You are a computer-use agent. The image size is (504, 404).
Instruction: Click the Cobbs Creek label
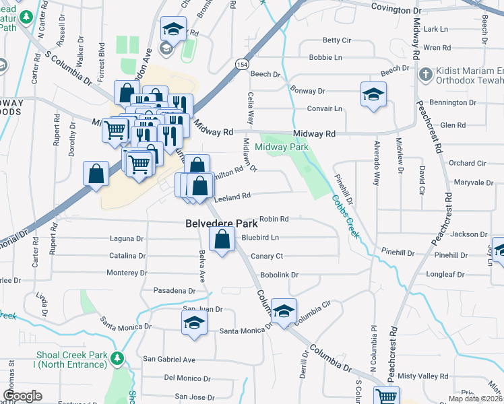(x=346, y=215)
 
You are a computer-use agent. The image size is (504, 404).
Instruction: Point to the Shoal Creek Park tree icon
(x=118, y=356)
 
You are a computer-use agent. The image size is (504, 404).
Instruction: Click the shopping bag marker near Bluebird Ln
(x=222, y=239)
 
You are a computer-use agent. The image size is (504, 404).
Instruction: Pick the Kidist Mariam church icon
(x=425, y=73)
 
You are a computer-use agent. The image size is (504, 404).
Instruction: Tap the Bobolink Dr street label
(x=279, y=275)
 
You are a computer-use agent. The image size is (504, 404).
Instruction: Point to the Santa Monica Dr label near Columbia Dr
(x=245, y=331)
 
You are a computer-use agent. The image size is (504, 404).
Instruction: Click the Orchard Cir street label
(x=467, y=163)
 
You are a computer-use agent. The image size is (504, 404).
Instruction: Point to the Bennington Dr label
(x=453, y=102)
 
